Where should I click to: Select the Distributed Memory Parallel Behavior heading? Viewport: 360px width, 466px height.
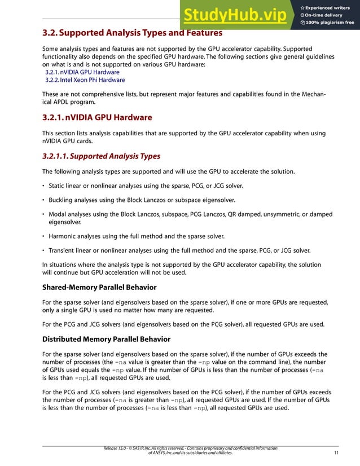click(x=106, y=339)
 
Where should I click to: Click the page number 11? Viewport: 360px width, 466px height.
click(x=336, y=452)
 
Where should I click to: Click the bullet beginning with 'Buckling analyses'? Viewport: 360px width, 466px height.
click(x=142, y=200)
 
